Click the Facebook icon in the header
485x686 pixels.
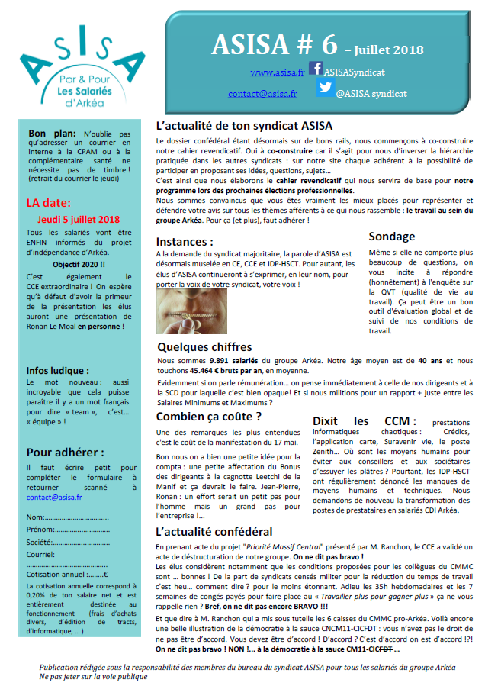pos(316,69)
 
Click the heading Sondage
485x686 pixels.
pos(392,237)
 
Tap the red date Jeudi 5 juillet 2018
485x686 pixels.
pos(79,219)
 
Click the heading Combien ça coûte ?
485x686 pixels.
pos(209,417)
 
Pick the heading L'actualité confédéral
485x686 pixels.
pos(214,531)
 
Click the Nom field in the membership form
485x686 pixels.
pos(76,518)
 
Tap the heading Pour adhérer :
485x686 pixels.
pos(66,451)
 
